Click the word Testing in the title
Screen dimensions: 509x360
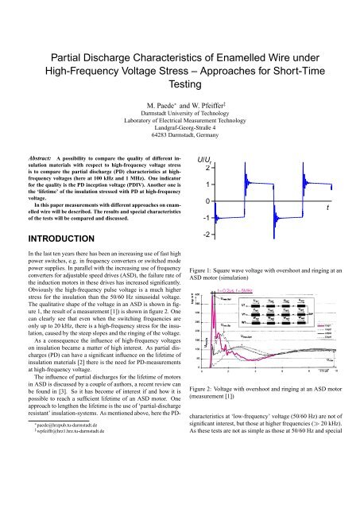pos(180,92)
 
